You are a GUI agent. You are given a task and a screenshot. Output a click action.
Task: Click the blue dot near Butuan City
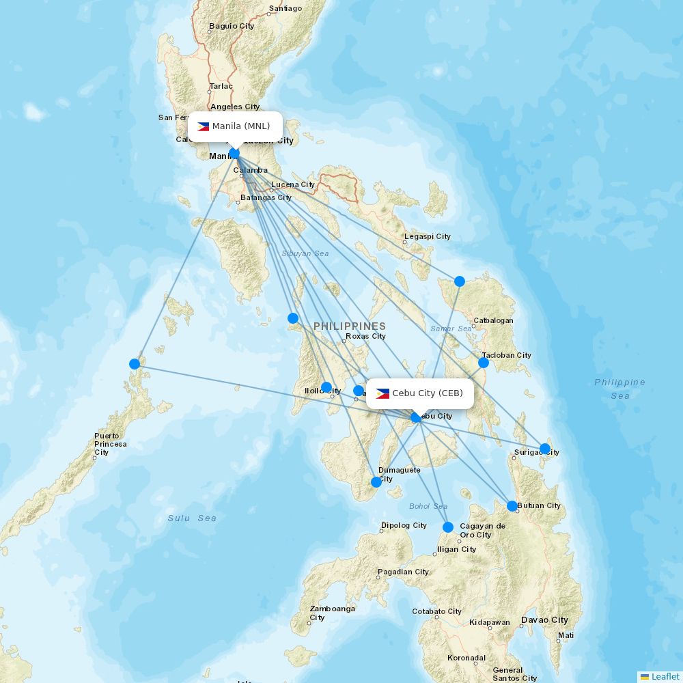click(512, 506)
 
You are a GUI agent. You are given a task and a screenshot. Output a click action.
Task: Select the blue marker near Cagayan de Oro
click(448, 527)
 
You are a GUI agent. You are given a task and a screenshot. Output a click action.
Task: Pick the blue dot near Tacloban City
click(484, 363)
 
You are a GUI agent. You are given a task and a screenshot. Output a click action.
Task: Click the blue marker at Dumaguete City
click(376, 482)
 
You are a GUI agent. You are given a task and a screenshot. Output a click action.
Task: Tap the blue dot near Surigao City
click(545, 449)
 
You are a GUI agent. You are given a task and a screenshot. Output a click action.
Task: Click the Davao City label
click(544, 620)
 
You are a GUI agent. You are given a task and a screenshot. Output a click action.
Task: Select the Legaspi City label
click(428, 236)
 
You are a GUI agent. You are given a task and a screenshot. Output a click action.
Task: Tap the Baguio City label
click(232, 26)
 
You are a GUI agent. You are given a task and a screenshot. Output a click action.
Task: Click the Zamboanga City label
click(333, 613)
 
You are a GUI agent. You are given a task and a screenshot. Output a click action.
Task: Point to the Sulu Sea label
click(192, 518)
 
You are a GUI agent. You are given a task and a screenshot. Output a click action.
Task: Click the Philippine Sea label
click(619, 389)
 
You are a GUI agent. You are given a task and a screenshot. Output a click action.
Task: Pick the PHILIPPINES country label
click(350, 326)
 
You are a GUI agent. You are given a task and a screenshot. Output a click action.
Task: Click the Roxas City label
click(365, 336)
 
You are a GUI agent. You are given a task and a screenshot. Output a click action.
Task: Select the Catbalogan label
click(493, 320)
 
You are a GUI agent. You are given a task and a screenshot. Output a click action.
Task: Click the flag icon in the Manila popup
click(203, 126)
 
